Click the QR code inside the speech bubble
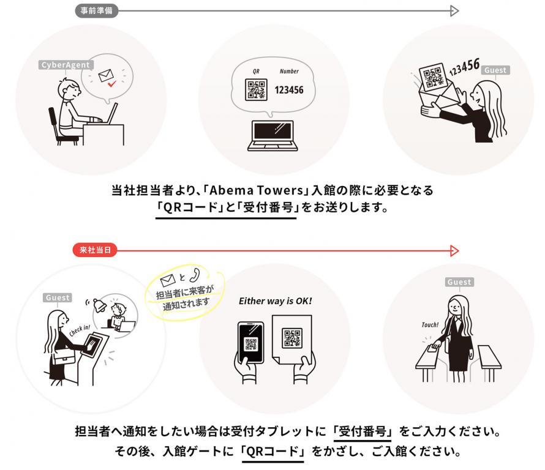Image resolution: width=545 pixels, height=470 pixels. (256, 90)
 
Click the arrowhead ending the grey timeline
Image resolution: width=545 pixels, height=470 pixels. (454, 10)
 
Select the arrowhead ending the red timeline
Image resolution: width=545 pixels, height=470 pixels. (454, 250)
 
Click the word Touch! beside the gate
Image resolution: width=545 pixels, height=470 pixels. (430, 324)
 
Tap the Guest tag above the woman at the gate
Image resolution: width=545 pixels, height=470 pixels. (459, 282)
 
